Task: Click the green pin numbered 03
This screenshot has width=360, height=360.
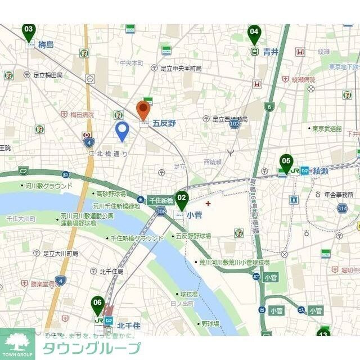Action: point(29,31)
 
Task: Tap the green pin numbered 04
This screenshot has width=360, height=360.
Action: point(254,33)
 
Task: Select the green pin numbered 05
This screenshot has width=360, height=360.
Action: point(286,163)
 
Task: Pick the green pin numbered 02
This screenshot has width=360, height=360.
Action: point(181,200)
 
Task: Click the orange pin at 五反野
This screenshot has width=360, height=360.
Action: point(143,109)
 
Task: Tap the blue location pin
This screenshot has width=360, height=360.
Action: point(122,131)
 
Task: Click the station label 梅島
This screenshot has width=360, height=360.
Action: point(46,45)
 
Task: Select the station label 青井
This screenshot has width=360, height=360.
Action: point(270,52)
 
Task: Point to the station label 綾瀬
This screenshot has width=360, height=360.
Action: point(321,171)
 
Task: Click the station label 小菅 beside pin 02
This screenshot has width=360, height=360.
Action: point(194,214)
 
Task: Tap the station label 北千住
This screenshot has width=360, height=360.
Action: point(128,325)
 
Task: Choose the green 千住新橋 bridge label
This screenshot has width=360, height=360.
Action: point(160,200)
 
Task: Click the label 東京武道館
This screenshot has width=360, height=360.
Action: point(327,129)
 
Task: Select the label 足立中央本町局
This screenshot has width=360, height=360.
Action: point(181,69)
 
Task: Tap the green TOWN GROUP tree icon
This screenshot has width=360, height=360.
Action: point(17,341)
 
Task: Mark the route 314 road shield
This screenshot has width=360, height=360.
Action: point(342,209)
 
